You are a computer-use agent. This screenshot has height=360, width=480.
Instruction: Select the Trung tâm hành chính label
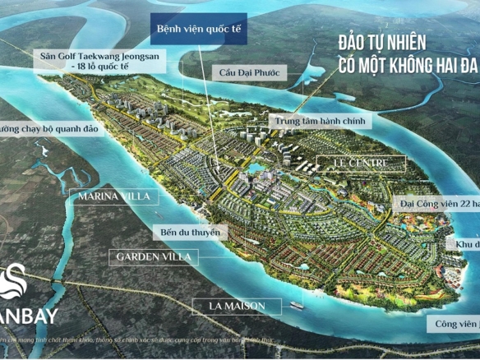[x=321, y=121]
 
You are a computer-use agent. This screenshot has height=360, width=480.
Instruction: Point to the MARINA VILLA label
[x=108, y=196]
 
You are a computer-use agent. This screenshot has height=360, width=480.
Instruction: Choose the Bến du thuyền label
[x=191, y=233]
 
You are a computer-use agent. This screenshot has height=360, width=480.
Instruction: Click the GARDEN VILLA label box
[x=154, y=256]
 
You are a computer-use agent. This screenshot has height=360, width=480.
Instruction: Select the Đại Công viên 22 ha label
[x=439, y=200]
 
